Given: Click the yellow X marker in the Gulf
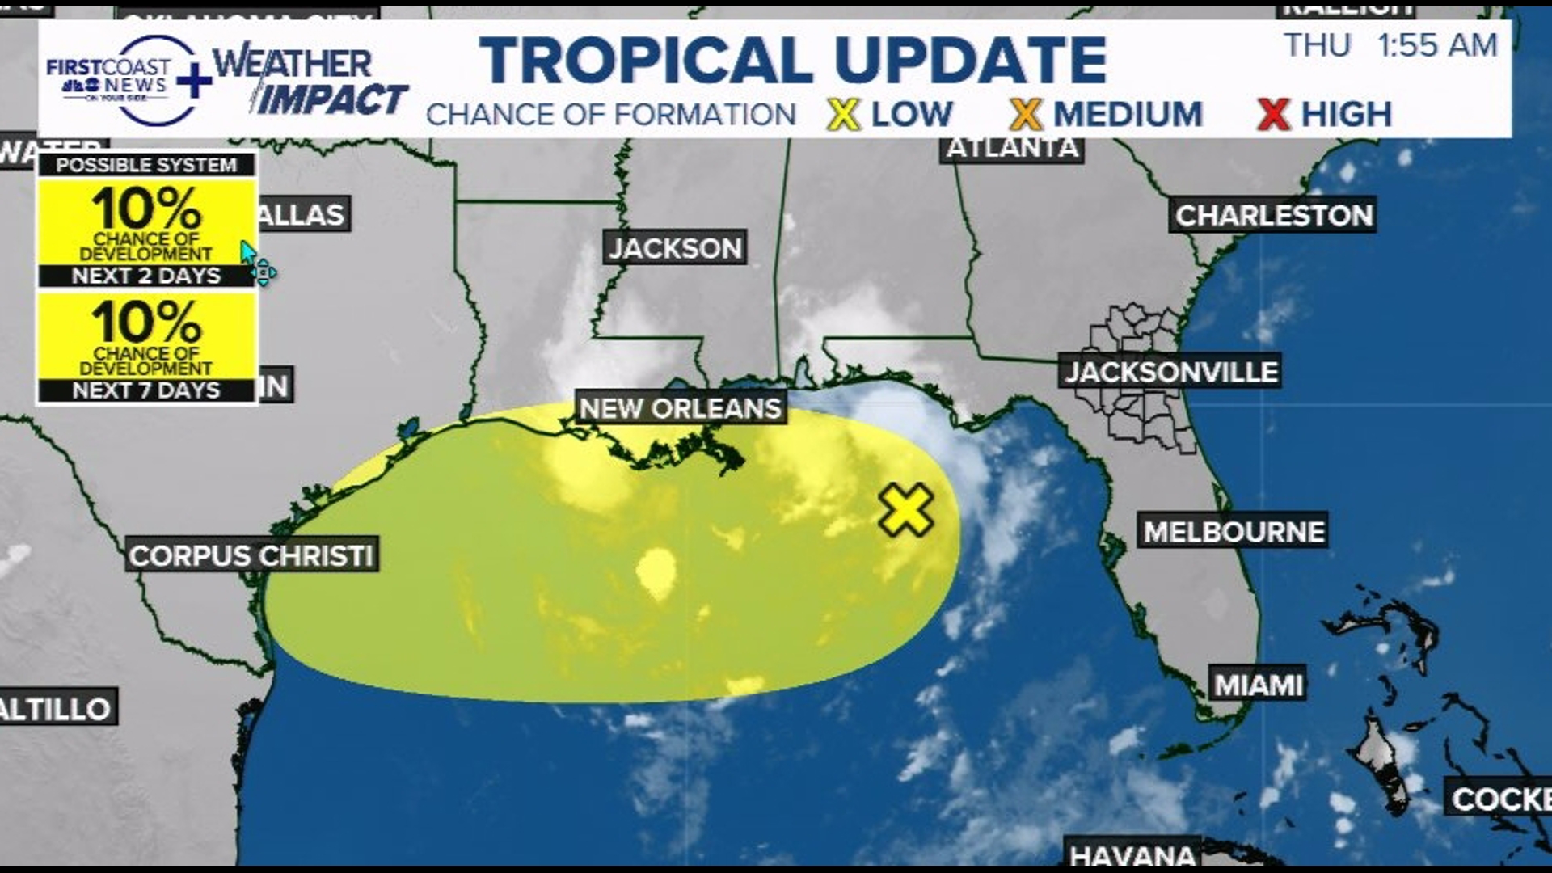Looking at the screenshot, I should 906,510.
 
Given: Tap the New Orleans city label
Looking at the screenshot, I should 680,408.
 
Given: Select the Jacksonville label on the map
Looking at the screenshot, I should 1170,372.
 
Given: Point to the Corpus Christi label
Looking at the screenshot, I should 251,555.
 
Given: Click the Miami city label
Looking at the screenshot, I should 1259,685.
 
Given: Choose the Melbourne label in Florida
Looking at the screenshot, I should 1234,531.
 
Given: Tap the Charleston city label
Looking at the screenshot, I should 1273,215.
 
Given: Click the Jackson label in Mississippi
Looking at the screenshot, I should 675,247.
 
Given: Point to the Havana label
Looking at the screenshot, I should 1132,854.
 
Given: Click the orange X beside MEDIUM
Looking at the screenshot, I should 1026,114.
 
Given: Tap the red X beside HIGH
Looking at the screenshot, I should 1273,114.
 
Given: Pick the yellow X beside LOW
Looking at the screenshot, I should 843,114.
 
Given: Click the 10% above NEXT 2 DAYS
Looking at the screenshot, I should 146,209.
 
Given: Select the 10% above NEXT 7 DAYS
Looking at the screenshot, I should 146,322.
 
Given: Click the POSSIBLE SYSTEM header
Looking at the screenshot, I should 146,165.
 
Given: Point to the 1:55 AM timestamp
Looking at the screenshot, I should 1437,45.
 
